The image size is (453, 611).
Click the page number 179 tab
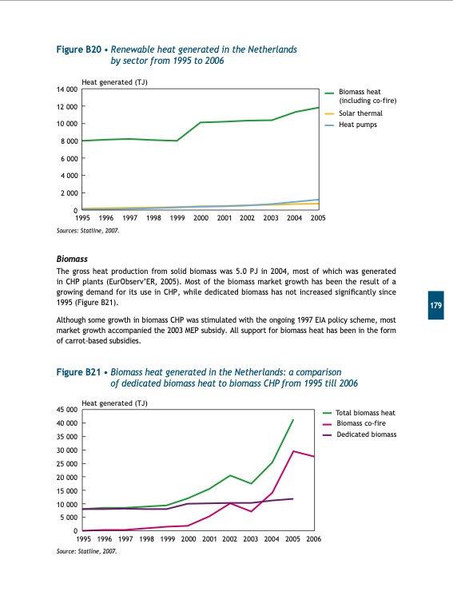click(x=436, y=306)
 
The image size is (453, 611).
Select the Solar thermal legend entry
click(x=360, y=113)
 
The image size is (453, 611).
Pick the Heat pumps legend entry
click(x=357, y=125)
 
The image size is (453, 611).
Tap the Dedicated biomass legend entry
click(x=367, y=434)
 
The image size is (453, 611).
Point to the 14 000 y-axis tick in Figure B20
click(x=66, y=89)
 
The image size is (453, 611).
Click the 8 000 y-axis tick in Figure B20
click(x=68, y=141)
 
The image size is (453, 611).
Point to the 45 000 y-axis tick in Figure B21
click(x=66, y=410)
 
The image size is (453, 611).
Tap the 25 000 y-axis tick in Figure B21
click(x=66, y=464)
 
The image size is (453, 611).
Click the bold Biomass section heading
click(x=72, y=260)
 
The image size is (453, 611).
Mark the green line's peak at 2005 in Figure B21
click(x=293, y=419)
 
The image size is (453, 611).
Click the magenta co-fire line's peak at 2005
click(x=293, y=451)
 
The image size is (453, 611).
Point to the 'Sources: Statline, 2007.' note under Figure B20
click(x=89, y=230)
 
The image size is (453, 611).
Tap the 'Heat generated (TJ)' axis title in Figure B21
click(x=115, y=403)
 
